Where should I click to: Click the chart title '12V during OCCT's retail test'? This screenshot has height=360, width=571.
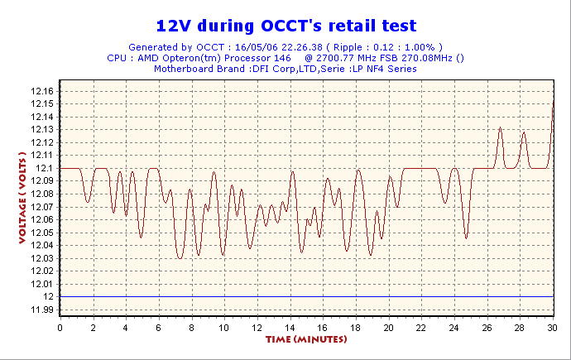[x=286, y=26]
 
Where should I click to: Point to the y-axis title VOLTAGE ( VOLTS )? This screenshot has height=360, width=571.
[x=22, y=198]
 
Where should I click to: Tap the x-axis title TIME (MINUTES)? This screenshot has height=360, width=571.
[x=306, y=339]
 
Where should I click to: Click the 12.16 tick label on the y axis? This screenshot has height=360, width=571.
[x=42, y=91]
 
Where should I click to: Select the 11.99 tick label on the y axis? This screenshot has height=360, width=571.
[x=42, y=310]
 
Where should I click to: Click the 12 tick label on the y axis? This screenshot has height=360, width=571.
[x=49, y=296]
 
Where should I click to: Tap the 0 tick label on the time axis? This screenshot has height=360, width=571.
[x=60, y=328]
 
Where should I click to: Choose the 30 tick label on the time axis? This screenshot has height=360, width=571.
[x=552, y=328]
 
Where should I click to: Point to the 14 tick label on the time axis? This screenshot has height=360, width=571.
[x=290, y=328]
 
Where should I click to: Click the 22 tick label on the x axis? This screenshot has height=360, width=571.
[x=421, y=328]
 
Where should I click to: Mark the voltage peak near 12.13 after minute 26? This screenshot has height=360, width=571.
[x=501, y=127]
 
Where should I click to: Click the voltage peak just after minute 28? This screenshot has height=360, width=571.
[x=524, y=132]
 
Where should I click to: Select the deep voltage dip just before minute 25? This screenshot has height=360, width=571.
[x=466, y=238]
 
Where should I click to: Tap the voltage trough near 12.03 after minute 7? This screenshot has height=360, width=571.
[x=180, y=258]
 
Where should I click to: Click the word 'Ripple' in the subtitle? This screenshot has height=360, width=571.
[x=348, y=47]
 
